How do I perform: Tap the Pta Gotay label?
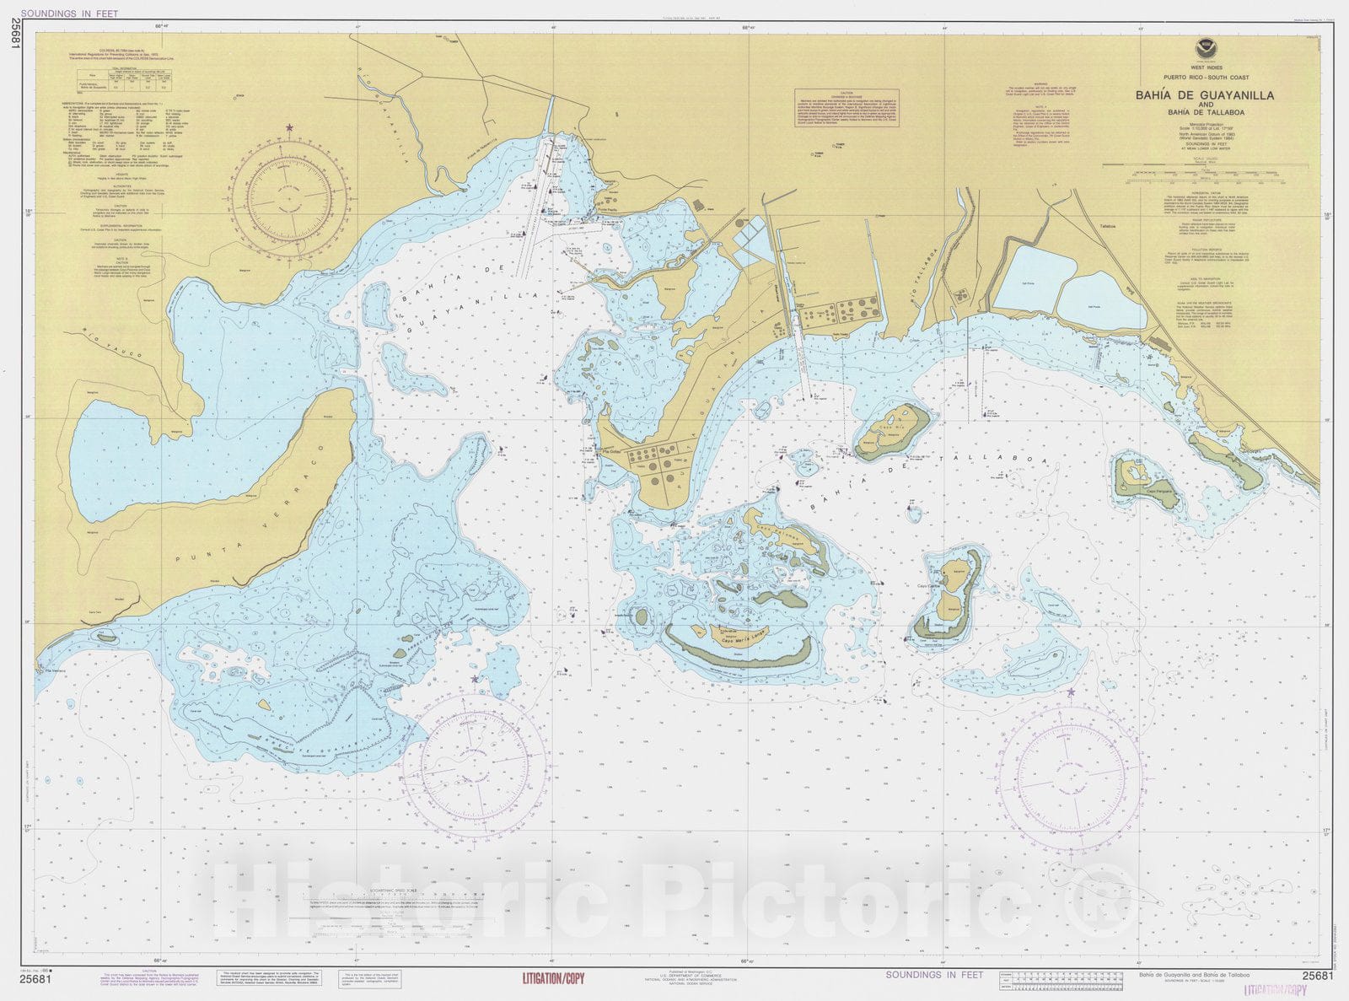610,453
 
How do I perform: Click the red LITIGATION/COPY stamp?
553,979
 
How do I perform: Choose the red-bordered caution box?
846,110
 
